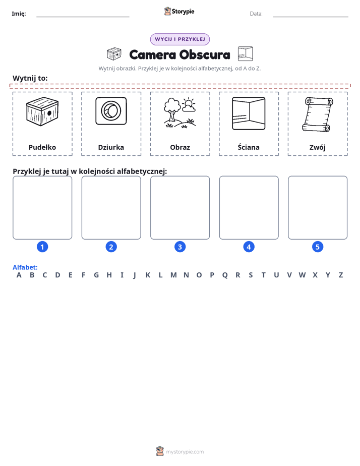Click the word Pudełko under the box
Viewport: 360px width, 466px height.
42,147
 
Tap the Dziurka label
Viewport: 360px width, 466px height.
111,147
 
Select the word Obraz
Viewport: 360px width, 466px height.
180,147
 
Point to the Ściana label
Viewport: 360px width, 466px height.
249,147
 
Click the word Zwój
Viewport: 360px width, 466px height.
318,147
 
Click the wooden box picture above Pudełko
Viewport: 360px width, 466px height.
42,111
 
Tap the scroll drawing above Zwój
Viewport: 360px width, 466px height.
318,114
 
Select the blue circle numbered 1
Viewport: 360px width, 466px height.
42,247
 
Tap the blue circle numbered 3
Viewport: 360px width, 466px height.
180,247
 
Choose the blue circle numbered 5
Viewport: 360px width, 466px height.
318,247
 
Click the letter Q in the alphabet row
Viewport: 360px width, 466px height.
225,275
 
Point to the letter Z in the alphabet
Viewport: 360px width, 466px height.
341,275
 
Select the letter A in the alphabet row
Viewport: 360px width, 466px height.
19,275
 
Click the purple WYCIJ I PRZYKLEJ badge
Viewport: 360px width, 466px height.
180,39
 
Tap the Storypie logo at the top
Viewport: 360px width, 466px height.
179,11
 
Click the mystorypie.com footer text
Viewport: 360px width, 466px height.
185,452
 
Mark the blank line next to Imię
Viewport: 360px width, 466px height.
83,17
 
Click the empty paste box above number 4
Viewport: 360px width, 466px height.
249,207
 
